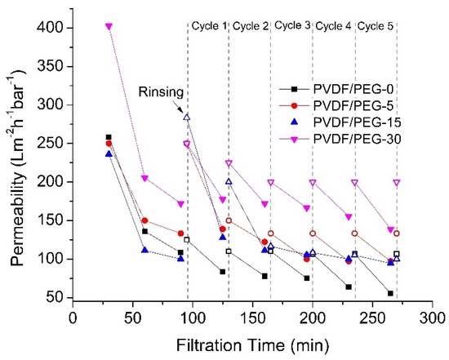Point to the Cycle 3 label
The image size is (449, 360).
(x=291, y=25)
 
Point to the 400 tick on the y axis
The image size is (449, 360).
(x=54, y=27)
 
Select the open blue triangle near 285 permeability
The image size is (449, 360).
(x=187, y=117)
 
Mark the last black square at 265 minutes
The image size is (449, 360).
(x=390, y=293)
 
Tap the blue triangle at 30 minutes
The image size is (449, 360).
(x=109, y=153)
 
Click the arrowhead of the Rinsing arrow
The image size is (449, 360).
(x=185, y=113)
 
